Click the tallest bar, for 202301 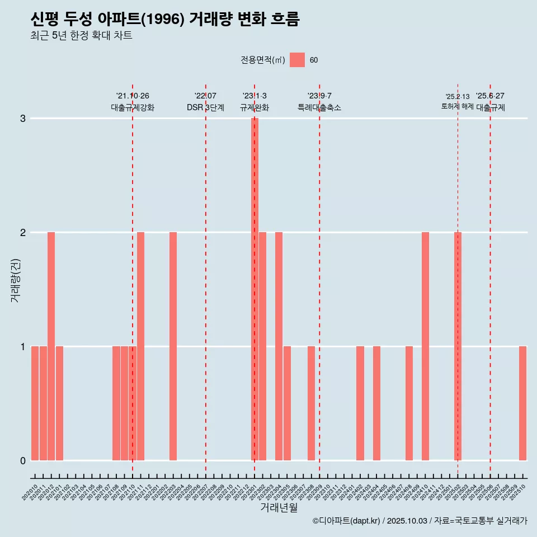[255, 289]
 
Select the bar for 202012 [51, 346]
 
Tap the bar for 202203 [173, 346]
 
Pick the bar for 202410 [425, 346]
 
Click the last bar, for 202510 [522, 403]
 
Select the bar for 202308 [311, 403]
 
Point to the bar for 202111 [140, 346]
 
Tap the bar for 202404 [376, 403]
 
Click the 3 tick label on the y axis [23, 119]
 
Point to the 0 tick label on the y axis [23, 460]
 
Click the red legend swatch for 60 [297, 60]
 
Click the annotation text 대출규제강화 [133, 107]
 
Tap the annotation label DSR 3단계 [205, 107]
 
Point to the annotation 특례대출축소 [319, 107]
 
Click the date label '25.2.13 [457, 97]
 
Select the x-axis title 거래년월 [279, 507]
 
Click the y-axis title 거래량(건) [16, 280]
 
